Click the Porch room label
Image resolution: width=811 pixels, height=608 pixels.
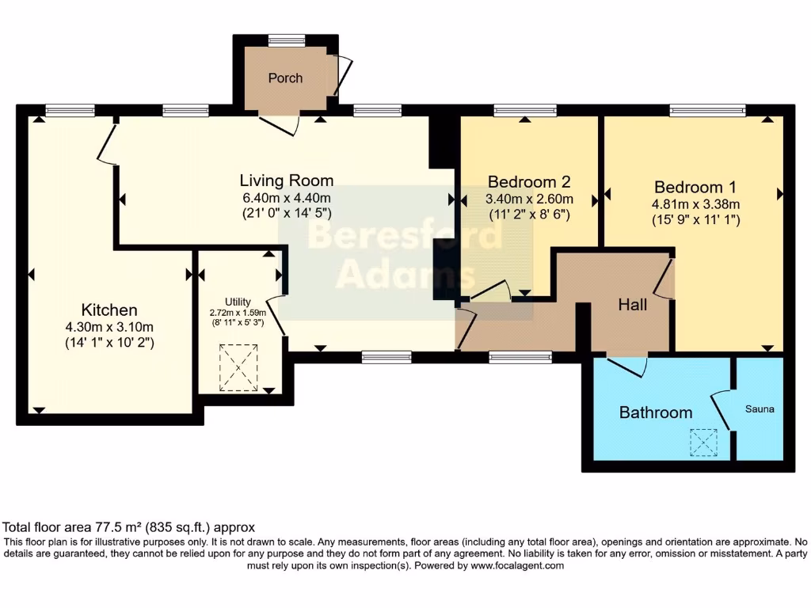[x=285, y=78]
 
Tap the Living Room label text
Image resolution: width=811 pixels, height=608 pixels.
[x=287, y=180]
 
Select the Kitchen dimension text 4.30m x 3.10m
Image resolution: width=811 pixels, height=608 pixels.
[x=109, y=327]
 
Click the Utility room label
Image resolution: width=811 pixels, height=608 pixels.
[x=238, y=302]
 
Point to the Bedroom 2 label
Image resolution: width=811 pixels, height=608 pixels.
[x=529, y=181]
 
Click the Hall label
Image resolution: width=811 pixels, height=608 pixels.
[x=633, y=304]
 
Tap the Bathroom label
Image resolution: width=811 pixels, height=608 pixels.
[x=655, y=412]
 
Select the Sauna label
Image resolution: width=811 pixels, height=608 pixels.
[x=759, y=409]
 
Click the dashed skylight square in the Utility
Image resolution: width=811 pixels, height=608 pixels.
[x=238, y=367]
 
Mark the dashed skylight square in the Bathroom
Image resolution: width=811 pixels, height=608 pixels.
[x=703, y=443]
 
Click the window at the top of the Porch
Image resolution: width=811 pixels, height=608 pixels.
[x=286, y=39]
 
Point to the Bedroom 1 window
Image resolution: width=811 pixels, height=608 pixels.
[x=707, y=111]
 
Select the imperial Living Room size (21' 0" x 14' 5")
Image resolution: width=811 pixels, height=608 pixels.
[x=287, y=213]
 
